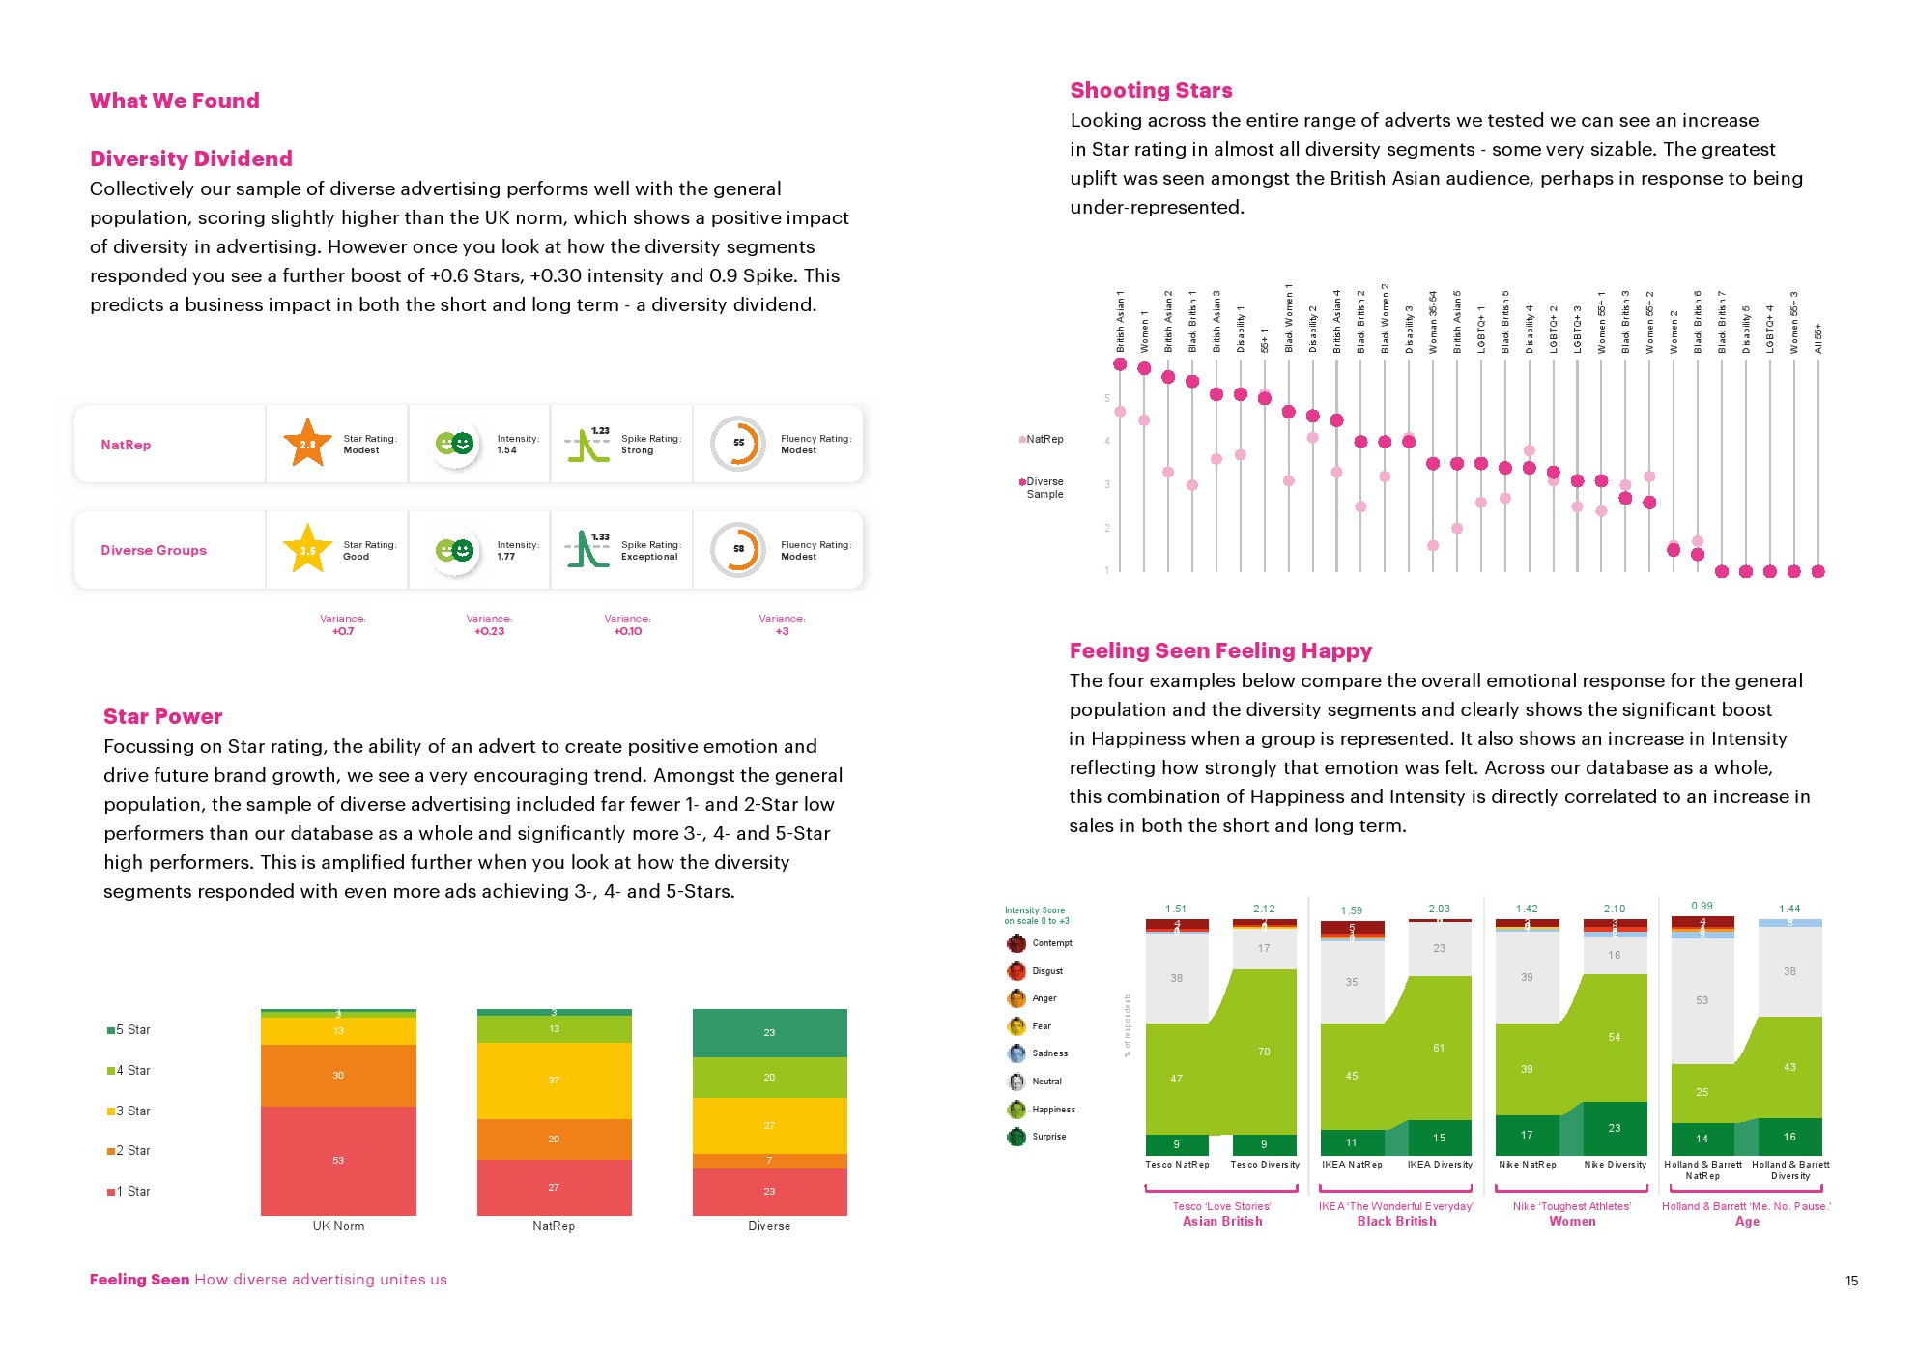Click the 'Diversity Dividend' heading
point(191,159)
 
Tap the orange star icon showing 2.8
point(307,444)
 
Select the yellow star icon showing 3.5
point(307,550)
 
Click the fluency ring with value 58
point(738,549)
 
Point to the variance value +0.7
point(343,631)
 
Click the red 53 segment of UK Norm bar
point(338,1160)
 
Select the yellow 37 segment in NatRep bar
point(554,1080)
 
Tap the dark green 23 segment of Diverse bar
point(769,1032)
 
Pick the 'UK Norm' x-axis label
point(338,1226)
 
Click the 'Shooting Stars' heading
point(1151,90)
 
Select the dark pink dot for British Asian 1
point(1120,364)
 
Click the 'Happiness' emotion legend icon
point(1016,1110)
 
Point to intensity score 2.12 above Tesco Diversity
point(1264,909)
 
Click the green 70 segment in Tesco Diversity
point(1264,1052)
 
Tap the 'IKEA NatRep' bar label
point(1352,1165)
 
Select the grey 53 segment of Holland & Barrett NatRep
point(1702,1000)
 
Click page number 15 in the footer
point(1851,1281)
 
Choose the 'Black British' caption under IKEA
point(1396,1222)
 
